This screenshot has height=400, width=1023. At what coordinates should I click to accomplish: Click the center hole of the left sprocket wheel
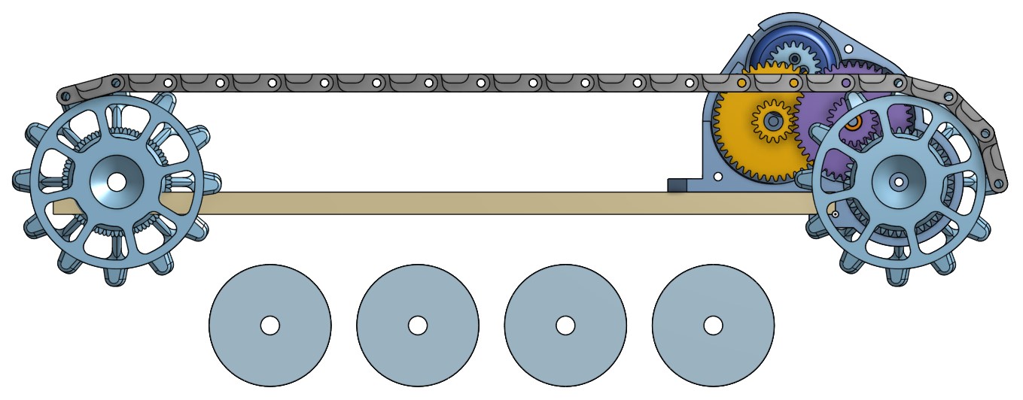click(117, 181)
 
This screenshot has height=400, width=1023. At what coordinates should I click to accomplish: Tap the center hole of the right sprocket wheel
click(898, 181)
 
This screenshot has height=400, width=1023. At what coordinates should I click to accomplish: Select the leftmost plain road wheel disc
click(270, 301)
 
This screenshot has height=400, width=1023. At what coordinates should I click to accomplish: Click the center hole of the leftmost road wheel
click(270, 325)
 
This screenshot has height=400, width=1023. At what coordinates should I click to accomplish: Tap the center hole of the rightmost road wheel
click(713, 325)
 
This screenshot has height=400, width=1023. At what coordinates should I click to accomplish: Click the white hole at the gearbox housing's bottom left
click(718, 177)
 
